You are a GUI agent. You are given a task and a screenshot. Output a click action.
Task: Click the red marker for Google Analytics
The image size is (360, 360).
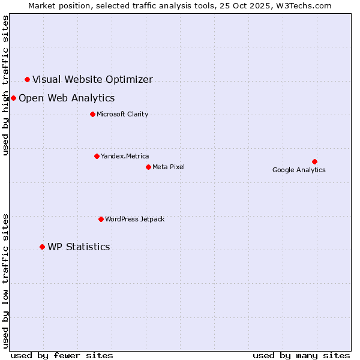coord(314,161)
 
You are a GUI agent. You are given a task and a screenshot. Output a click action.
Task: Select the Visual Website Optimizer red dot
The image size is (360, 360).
coord(27,79)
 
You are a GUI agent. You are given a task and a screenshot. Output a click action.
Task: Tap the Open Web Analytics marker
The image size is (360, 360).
coord(13,98)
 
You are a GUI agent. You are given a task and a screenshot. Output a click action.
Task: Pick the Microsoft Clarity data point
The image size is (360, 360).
coord(92,114)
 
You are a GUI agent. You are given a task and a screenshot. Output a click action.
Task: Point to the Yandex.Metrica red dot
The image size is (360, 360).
coord(97,156)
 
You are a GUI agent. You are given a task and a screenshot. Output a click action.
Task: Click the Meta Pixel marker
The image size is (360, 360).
coord(148,167)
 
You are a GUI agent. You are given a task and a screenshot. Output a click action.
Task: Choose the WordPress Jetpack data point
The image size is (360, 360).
coord(101,219)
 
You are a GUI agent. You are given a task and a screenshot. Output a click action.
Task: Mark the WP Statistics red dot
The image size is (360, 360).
coord(42,247)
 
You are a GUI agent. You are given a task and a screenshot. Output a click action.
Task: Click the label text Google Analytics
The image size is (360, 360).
coord(299,170)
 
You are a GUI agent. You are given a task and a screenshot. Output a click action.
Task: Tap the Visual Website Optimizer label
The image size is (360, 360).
coord(92,79)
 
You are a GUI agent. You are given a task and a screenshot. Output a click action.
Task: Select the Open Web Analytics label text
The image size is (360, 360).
coord(67,98)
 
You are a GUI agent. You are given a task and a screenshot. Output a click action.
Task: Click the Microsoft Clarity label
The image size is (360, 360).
coord(122,114)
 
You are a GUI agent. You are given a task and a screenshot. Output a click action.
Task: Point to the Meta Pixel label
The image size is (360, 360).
coord(169,167)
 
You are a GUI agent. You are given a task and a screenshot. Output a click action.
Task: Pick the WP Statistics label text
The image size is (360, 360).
coord(79,247)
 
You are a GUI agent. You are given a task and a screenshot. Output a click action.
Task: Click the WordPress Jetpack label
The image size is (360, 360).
coord(134,219)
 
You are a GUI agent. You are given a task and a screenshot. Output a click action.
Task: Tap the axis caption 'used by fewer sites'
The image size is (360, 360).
coord(62,355)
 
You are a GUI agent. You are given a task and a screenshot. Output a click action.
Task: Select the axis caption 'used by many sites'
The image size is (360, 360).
coord(301,355)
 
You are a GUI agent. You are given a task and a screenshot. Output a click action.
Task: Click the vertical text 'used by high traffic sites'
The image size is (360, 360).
coord(5,85)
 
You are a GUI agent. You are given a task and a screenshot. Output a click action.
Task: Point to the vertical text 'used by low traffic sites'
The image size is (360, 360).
coord(5,281)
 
